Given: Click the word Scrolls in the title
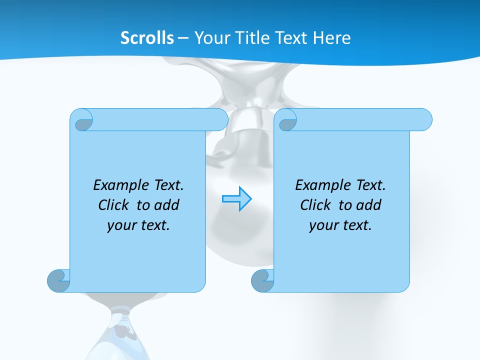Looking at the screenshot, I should (x=147, y=38).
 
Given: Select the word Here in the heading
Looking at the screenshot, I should (x=332, y=38).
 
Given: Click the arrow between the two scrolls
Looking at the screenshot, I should (x=236, y=199).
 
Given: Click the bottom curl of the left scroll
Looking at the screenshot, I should (x=58, y=280).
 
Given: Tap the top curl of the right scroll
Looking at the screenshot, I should (x=287, y=120).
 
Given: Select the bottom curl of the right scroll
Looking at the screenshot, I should (x=262, y=280).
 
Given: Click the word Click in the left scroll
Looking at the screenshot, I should (x=113, y=205).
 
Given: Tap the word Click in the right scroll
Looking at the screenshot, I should (x=315, y=205).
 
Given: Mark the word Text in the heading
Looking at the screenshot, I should (x=291, y=38).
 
